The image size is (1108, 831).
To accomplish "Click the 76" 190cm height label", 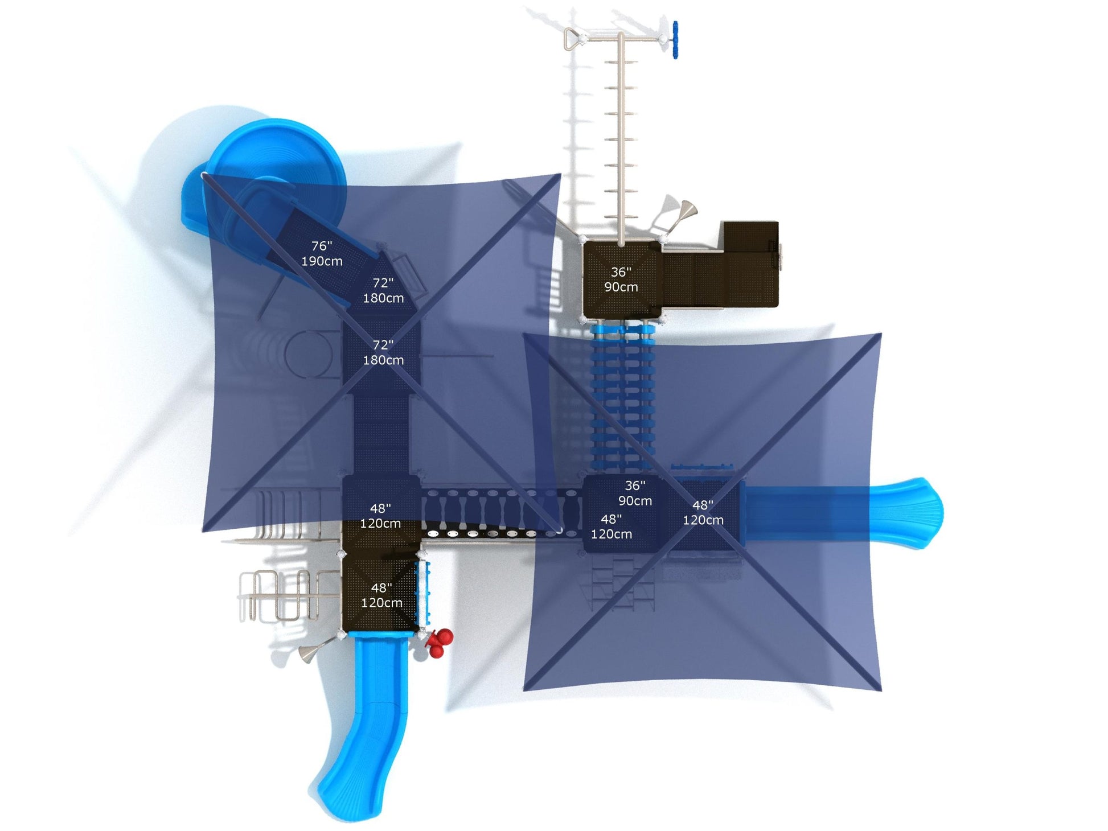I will click(322, 253).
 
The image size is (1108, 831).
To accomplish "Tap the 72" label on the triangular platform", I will click(383, 290).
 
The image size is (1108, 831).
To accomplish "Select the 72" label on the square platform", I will click(383, 352).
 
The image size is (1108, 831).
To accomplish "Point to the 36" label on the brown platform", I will click(621, 279).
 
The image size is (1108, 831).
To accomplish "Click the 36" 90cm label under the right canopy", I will click(635, 493).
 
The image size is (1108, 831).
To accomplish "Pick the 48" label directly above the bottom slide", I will click(381, 595).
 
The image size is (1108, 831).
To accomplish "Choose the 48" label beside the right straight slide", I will click(703, 512).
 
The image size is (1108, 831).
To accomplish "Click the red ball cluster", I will click(439, 643).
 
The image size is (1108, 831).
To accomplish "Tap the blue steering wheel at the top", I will click(675, 40).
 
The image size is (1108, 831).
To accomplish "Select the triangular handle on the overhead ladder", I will click(573, 39).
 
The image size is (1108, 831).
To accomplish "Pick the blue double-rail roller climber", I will click(623, 398).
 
